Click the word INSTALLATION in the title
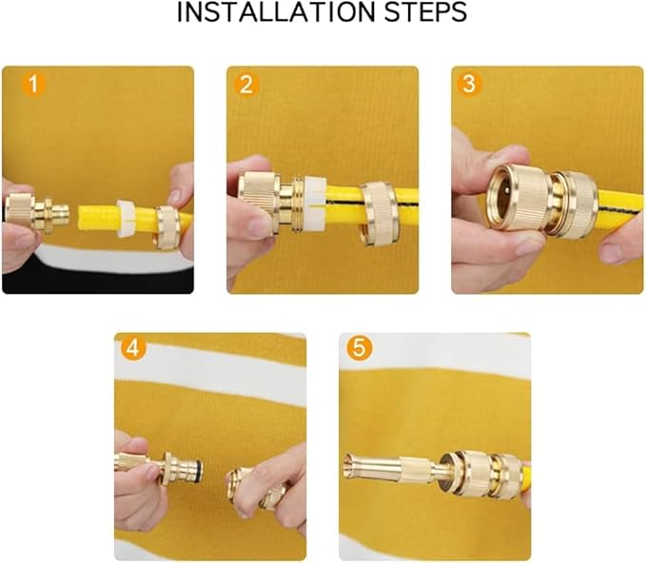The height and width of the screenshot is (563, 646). (x=276, y=12)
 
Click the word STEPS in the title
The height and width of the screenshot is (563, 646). (x=426, y=12)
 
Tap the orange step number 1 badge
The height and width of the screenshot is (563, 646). (x=33, y=84)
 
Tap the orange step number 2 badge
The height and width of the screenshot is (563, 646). (x=246, y=85)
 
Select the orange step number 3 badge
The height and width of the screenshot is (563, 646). (x=469, y=84)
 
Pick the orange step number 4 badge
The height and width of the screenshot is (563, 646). (x=133, y=349)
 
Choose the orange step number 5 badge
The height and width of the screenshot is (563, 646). (x=360, y=348)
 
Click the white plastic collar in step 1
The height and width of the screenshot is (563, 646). (x=127, y=219)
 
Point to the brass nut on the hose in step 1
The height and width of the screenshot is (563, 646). (x=166, y=227)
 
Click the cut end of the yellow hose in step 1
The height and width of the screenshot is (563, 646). (x=81, y=219)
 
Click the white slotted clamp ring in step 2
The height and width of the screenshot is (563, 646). (x=315, y=204)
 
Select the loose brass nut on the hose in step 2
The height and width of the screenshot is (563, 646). (x=379, y=214)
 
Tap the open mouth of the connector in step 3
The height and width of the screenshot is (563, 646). (x=501, y=199)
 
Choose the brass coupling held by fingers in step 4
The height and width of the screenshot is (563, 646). (x=250, y=487)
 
